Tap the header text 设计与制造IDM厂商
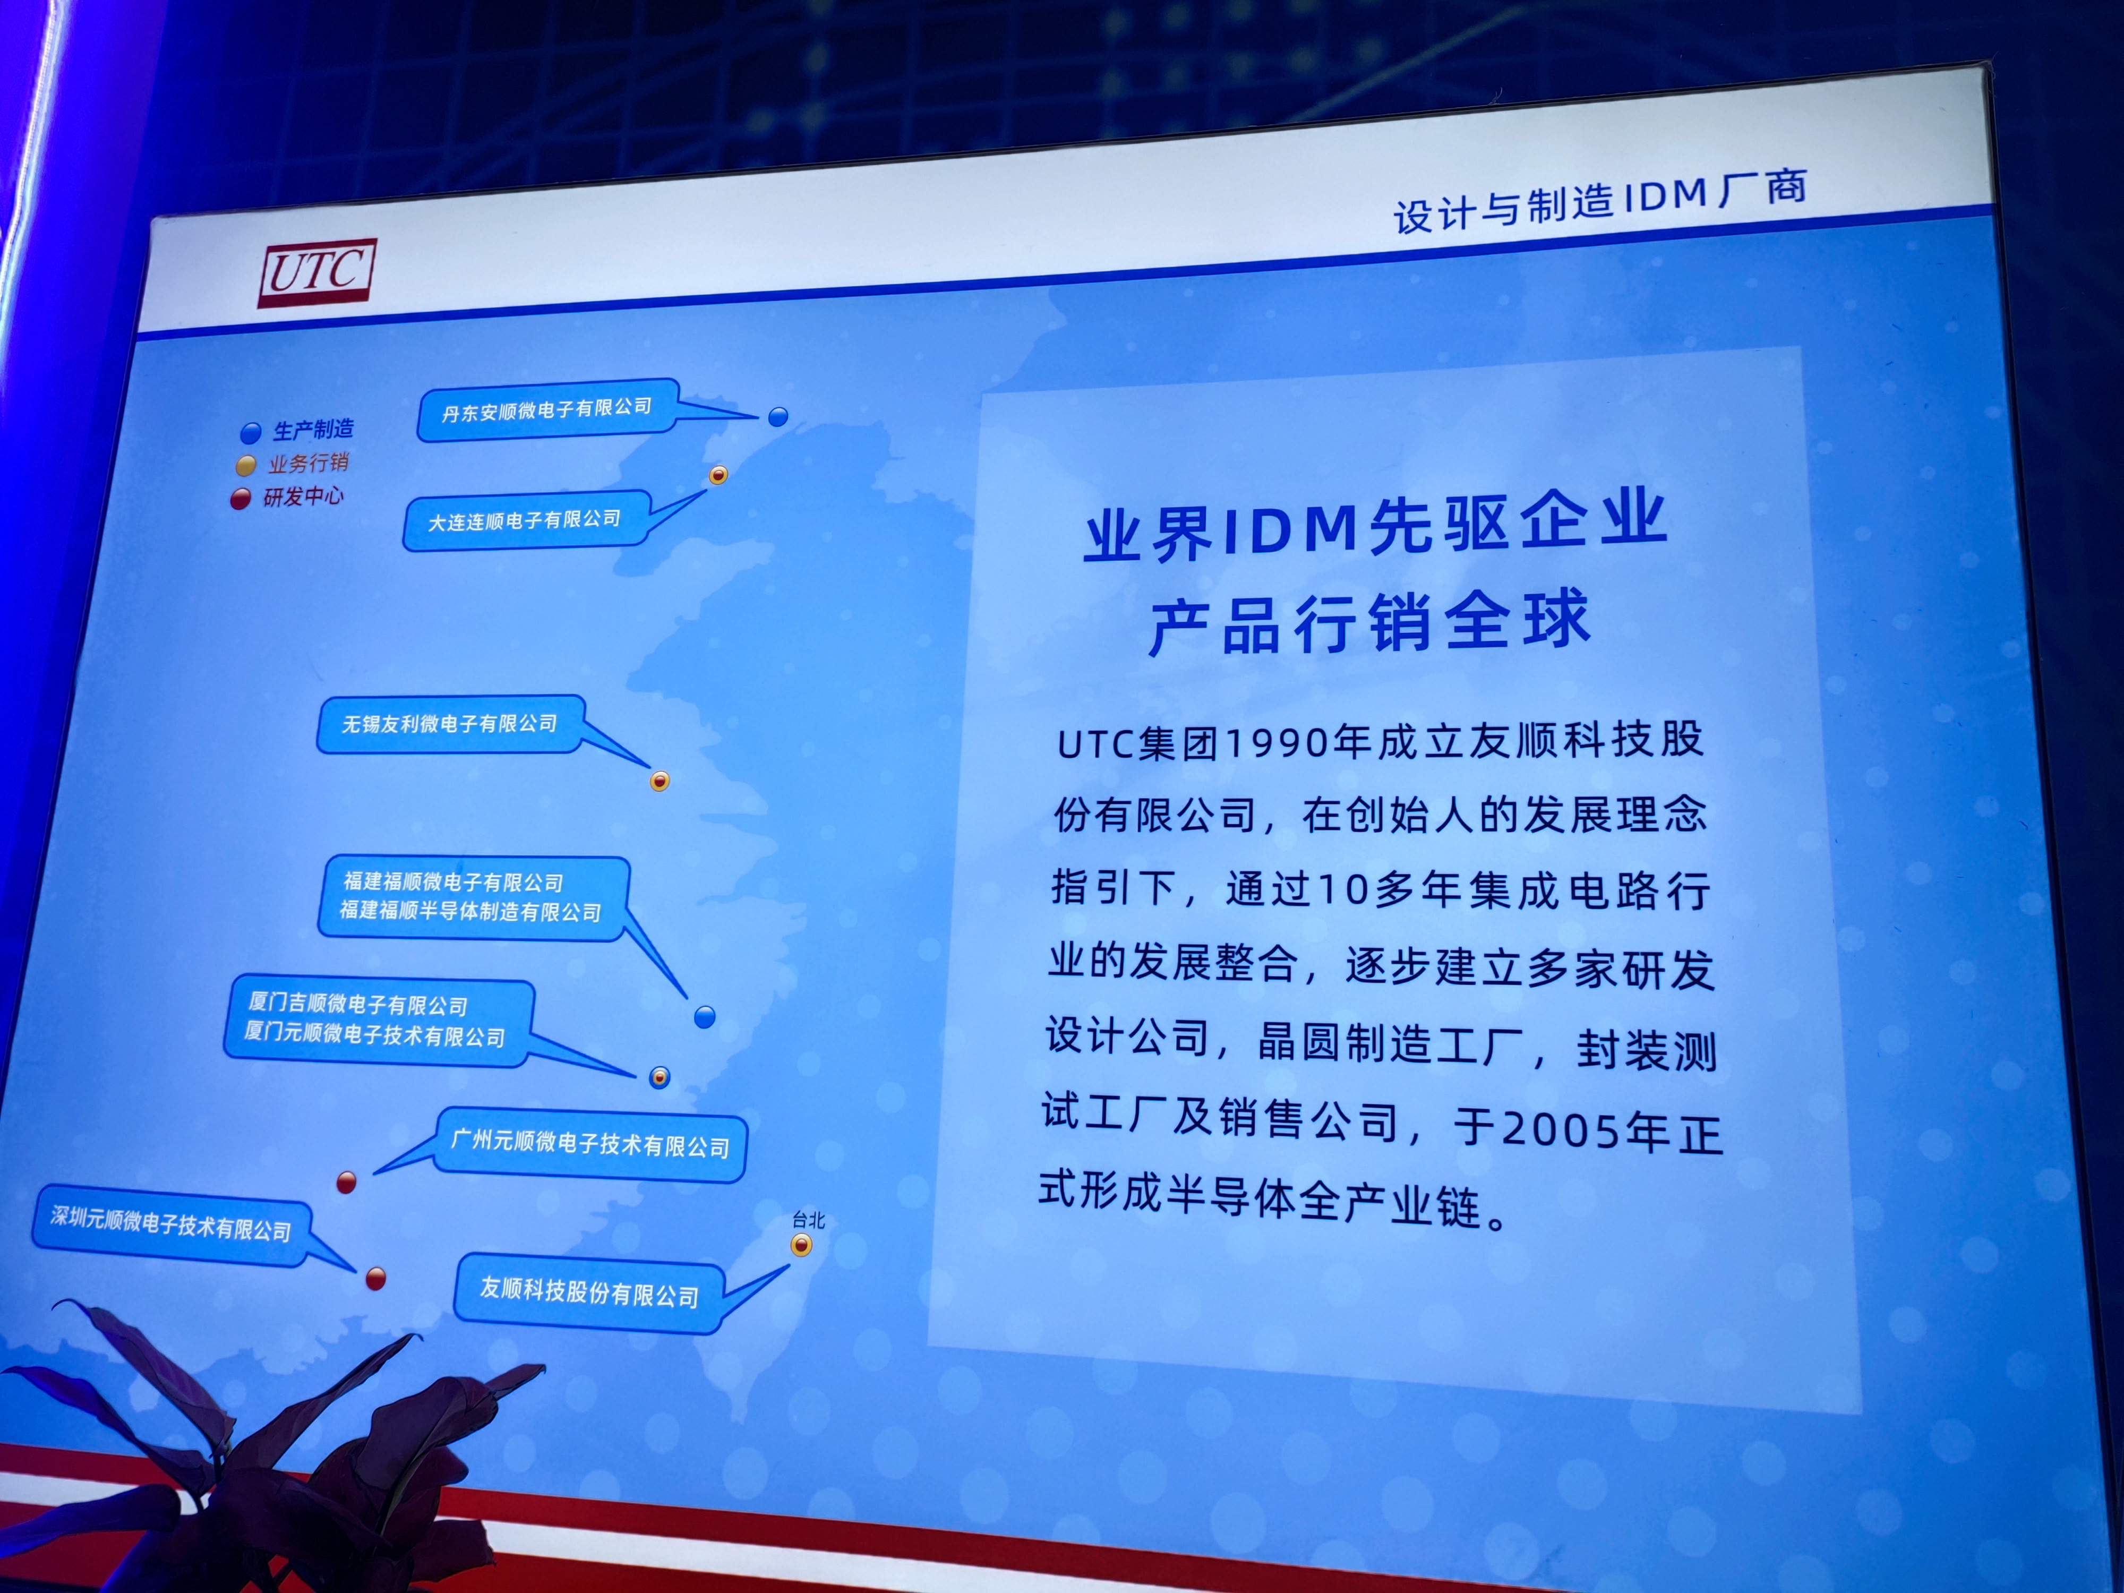pos(1600,201)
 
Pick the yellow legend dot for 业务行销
pos(246,466)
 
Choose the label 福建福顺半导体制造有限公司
pos(470,910)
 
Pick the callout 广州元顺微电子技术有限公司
pos(590,1145)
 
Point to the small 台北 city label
pos(809,1220)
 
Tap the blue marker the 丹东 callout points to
pos(778,417)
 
